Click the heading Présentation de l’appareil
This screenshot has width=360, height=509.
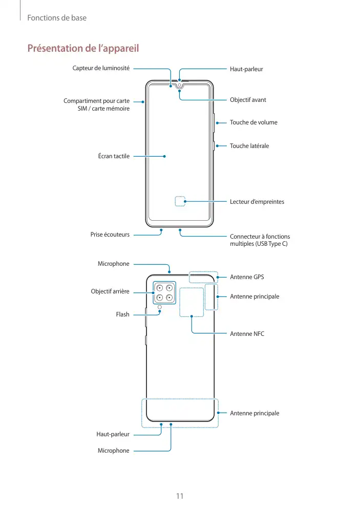[83, 49]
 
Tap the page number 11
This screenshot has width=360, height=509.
[180, 496]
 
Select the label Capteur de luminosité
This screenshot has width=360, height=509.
[101, 68]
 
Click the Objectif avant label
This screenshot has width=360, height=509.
[248, 100]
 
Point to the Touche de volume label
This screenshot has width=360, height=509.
[253, 122]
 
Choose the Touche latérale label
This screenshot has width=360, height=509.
[249, 146]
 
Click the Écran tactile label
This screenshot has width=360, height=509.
[114, 156]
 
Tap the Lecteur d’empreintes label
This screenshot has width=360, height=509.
[257, 202]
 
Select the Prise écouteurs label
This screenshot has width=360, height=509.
[110, 235]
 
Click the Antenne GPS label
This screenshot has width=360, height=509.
[247, 277]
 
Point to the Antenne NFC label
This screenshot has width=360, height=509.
[247, 333]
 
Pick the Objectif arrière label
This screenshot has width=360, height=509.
[110, 291]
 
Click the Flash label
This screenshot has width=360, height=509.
[122, 314]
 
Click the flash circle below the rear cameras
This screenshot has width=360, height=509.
[160, 308]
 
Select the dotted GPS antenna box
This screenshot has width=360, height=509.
[203, 277]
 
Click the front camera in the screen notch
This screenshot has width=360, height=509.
[179, 85]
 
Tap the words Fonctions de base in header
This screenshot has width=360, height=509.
[57, 18]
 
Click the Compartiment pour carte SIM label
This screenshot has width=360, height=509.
[96, 104]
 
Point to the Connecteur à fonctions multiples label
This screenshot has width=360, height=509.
[260, 240]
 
